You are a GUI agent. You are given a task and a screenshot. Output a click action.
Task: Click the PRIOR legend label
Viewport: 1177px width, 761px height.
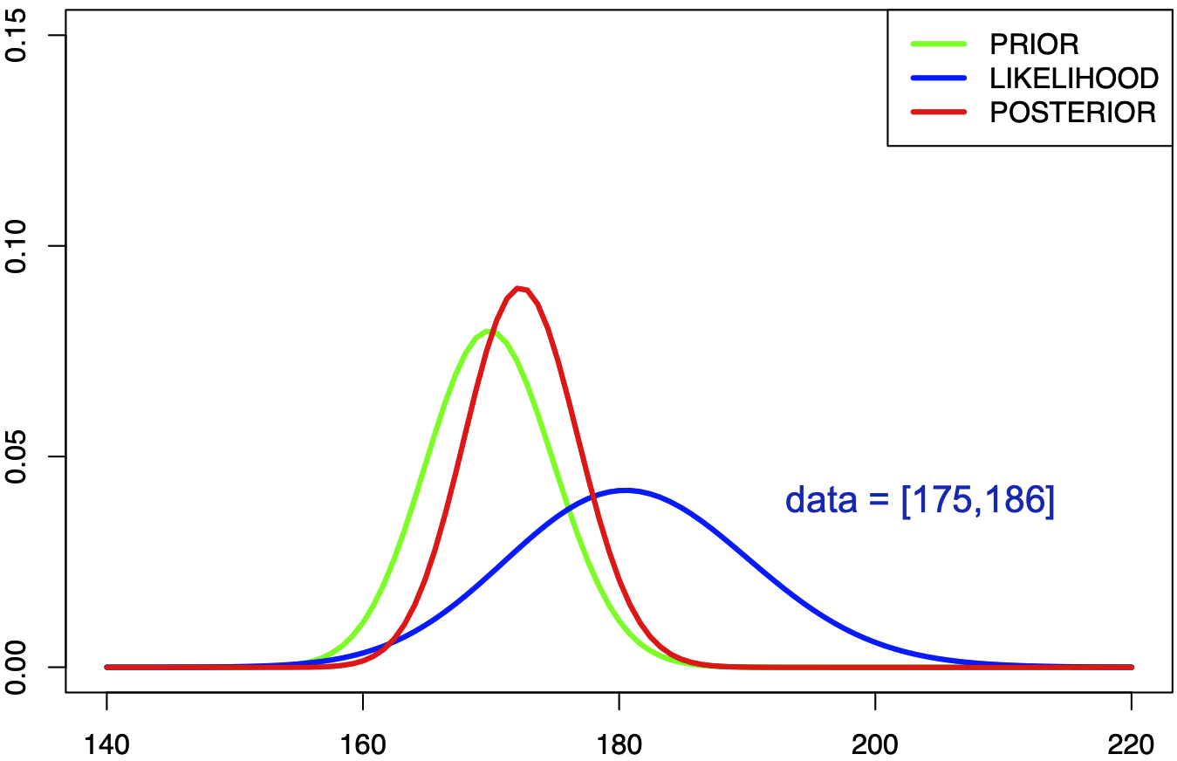[1034, 44]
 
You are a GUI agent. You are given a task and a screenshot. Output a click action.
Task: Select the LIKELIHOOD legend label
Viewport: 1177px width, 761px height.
[1074, 79]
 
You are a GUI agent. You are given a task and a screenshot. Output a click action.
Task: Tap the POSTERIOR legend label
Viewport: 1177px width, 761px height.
[1072, 113]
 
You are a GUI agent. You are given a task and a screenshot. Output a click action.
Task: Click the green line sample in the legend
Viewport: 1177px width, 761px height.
[939, 43]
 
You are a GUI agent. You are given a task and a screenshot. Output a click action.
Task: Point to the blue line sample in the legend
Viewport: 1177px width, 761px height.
[939, 78]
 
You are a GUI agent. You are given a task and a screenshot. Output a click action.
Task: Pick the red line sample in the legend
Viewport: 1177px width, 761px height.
[939, 113]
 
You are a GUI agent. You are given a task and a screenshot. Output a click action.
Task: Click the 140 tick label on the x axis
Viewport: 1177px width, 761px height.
[106, 744]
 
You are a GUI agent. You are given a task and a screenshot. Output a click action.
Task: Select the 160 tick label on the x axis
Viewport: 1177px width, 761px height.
[363, 744]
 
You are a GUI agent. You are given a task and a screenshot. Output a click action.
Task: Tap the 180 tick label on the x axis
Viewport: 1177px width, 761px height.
[619, 744]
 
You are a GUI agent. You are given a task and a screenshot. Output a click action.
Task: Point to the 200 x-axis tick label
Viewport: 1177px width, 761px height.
[875, 744]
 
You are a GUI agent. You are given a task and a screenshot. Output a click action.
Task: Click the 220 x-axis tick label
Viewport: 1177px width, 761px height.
[1132, 744]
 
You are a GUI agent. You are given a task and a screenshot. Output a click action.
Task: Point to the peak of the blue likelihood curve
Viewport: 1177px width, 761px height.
[625, 490]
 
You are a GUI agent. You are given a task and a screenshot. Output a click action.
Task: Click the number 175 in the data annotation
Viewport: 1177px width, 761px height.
[941, 500]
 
